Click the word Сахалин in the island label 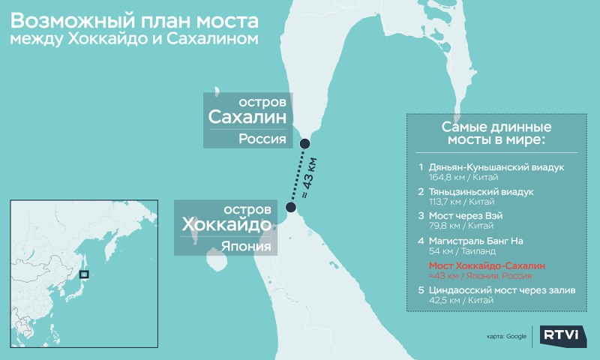pyautogui.click(x=248, y=118)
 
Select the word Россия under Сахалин pyautogui.click(x=263, y=139)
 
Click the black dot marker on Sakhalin pyautogui.click(x=304, y=144)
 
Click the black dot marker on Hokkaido pyautogui.click(x=291, y=207)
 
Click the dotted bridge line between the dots pyautogui.click(x=298, y=175)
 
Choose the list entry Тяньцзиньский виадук pyautogui.click(x=481, y=191)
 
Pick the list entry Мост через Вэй pyautogui.click(x=466, y=216)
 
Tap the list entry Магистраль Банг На pyautogui.click(x=475, y=241)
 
